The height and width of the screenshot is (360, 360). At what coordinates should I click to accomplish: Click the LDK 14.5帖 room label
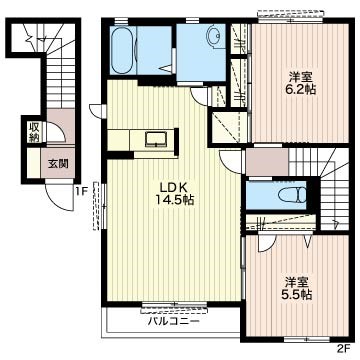coord(174,194)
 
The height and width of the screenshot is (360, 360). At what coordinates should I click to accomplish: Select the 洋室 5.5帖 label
coord(298,288)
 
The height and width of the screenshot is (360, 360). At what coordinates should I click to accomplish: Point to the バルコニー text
coord(174,321)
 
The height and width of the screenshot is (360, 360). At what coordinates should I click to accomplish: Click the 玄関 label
coord(58,164)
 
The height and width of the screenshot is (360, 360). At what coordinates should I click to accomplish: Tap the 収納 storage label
coord(34,132)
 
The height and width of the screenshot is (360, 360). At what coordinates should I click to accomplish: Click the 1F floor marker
coord(82,191)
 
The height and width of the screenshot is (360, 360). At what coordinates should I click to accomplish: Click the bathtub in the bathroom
coord(123,50)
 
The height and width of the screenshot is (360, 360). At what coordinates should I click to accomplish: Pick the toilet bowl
coord(292,195)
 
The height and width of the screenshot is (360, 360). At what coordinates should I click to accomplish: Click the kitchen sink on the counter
coord(156,139)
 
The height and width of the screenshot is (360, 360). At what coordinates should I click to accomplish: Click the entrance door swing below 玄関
coord(60,196)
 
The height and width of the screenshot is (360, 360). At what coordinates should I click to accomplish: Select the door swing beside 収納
coord(56,133)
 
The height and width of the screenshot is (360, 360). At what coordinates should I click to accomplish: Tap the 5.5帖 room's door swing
coord(266,243)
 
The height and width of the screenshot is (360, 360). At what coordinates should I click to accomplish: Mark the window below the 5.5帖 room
coord(307,339)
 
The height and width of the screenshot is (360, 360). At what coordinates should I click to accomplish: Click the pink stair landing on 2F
coord(267,162)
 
